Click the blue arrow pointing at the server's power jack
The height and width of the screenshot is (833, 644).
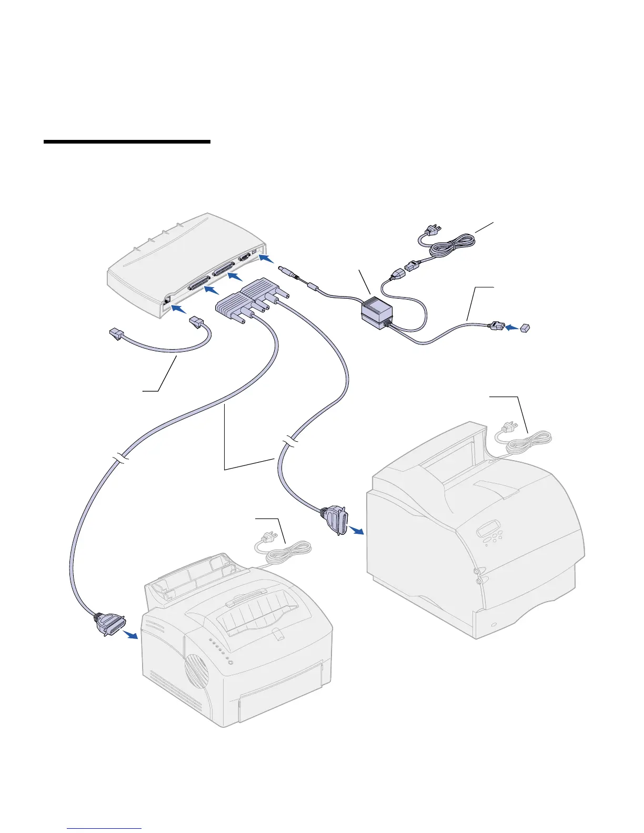[267, 258]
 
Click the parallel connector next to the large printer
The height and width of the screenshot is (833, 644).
[335, 519]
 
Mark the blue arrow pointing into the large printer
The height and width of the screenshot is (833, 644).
[357, 531]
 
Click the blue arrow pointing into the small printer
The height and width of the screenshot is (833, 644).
[130, 635]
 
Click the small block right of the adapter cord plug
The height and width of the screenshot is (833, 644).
[526, 328]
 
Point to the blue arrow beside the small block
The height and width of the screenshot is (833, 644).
[511, 328]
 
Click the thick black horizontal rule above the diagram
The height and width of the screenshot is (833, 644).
[127, 141]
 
